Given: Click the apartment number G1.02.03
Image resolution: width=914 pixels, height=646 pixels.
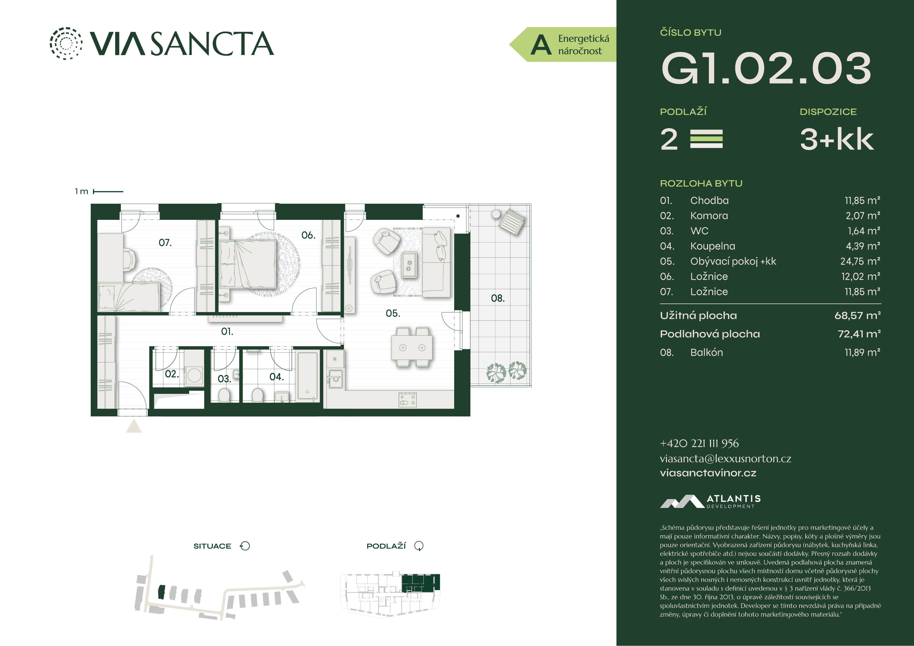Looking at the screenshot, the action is [766, 69].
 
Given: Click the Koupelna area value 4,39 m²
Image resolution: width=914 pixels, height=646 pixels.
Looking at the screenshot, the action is [863, 246].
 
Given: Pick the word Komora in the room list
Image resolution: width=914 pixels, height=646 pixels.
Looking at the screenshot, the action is [709, 216].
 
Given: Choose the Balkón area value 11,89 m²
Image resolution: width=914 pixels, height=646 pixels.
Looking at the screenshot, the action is [862, 352].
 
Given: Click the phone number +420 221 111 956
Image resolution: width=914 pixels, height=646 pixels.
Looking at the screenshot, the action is [699, 443].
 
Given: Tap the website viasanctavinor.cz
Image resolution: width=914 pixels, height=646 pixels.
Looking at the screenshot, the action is [708, 473].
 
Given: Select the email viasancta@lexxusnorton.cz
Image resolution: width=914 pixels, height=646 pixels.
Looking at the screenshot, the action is [725, 458].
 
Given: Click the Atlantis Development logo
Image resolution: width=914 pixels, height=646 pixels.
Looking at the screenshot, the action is [710, 501].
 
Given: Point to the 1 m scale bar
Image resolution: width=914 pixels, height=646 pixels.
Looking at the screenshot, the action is [108, 191].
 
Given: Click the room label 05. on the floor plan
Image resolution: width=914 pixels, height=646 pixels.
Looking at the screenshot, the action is [393, 314].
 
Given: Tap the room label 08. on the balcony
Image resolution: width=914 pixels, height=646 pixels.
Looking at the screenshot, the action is [498, 298].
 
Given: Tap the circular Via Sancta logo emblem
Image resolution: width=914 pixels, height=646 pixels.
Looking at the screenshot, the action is [66, 44].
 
